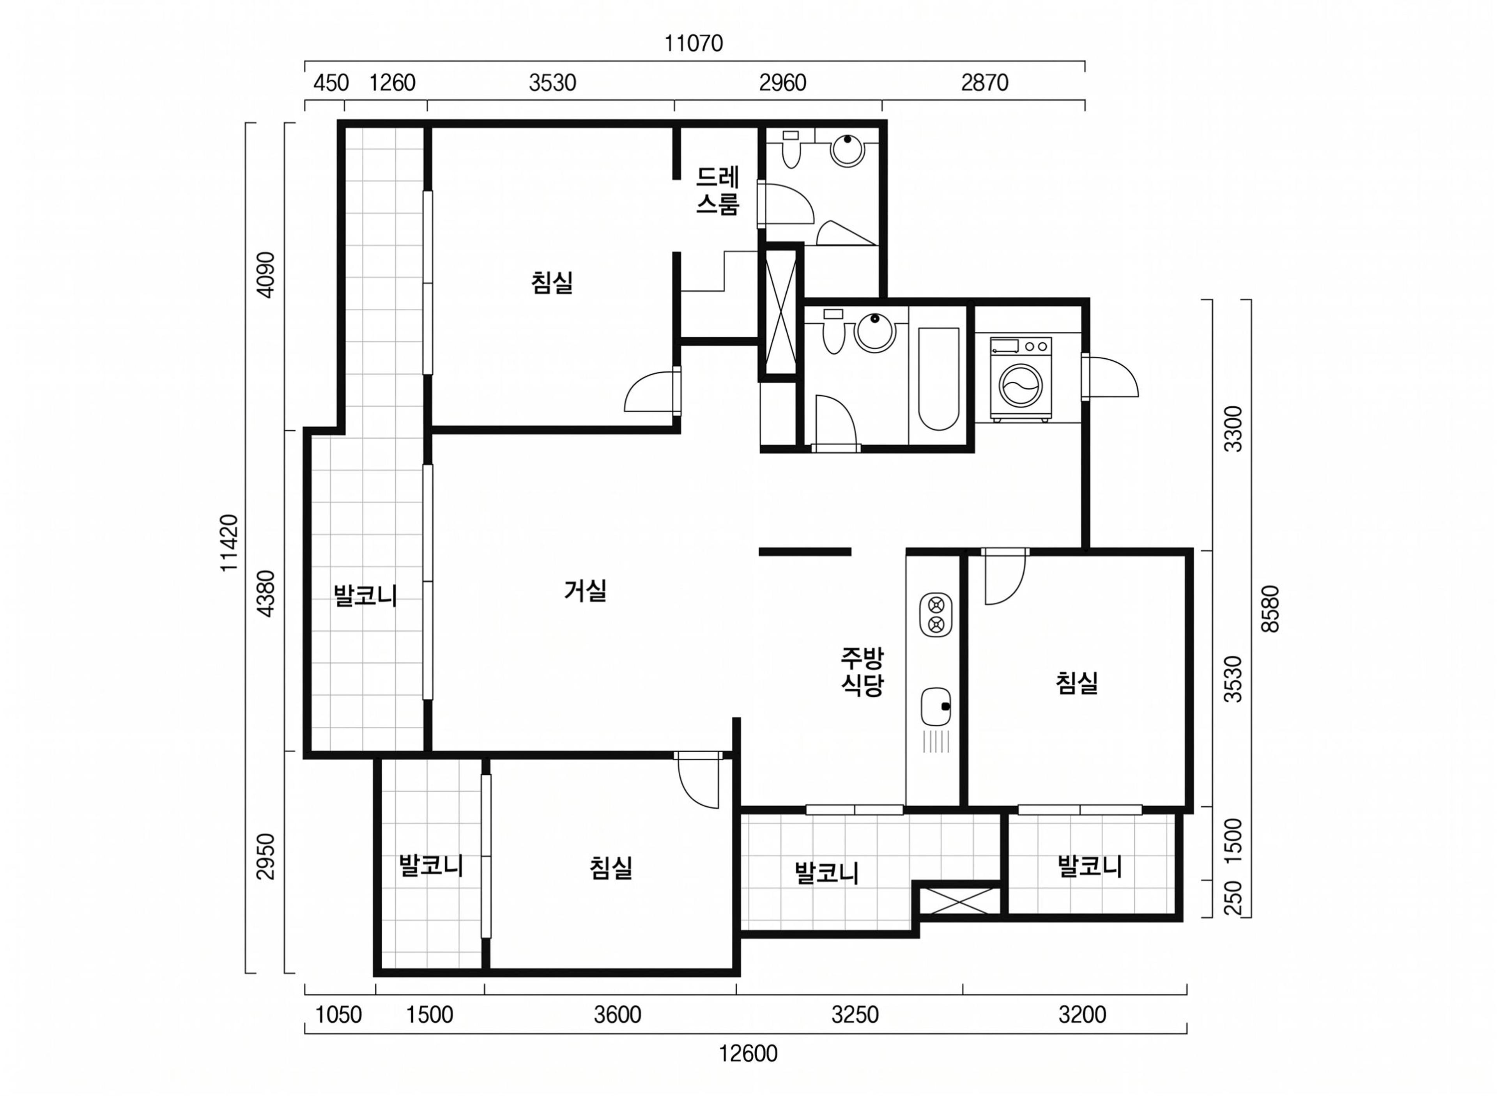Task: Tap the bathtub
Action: tap(938, 379)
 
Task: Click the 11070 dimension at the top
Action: tap(694, 44)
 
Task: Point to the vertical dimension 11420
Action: tap(229, 543)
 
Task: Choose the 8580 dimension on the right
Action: tap(1269, 608)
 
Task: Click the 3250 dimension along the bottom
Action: tap(855, 1015)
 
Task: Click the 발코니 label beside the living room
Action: tap(365, 595)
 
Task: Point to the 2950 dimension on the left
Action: tap(266, 857)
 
